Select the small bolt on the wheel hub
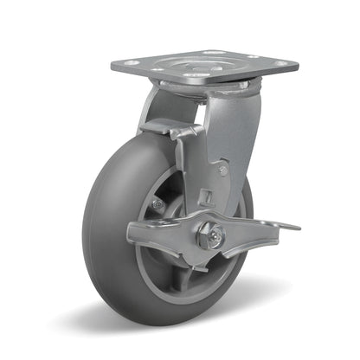pyautogui.click(x=157, y=204)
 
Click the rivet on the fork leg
pyautogui.click(x=222, y=170)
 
